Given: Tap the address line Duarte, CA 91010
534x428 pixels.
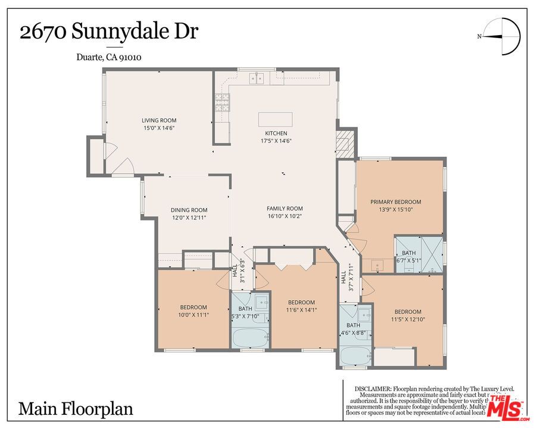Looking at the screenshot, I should click(108, 58).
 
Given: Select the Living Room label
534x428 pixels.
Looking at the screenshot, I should click(158, 121).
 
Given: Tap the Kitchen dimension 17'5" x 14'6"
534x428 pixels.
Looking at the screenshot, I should click(276, 141).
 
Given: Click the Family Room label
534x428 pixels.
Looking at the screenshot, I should click(285, 209).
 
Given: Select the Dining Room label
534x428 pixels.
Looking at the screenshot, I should click(189, 210).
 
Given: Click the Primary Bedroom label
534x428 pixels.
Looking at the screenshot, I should click(395, 202).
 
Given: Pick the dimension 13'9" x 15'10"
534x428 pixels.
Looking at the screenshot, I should click(395, 209).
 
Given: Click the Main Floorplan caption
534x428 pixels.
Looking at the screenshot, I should click(76, 409).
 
